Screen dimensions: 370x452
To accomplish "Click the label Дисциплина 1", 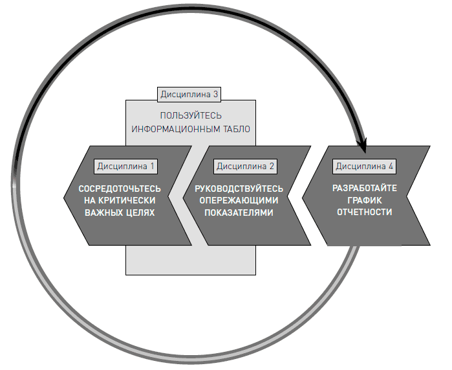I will pos(126,166).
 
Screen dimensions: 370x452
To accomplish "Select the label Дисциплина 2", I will pos(246,166).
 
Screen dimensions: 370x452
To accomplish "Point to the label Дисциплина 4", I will pos(365,166).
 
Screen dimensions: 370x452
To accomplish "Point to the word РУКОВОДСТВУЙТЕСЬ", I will pos(239,189).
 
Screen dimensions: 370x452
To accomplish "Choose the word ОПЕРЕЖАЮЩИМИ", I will pos(241,200).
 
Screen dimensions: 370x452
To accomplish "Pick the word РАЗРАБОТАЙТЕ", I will pos(365,189).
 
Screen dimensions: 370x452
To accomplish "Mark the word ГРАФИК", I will pos(365,200).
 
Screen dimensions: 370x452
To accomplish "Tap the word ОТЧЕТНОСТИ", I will pos(365,212).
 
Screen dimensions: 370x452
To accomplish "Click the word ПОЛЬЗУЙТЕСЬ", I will pos(191,116).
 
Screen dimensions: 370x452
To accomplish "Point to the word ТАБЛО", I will pos(235,128).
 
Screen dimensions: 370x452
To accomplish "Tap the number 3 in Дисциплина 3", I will pos(216,95).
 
